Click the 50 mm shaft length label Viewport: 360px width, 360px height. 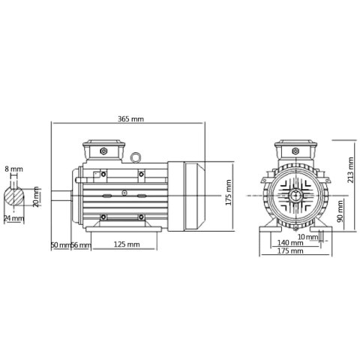(60, 244)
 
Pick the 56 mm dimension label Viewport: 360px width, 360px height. (81, 244)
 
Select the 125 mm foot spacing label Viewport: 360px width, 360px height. (126, 244)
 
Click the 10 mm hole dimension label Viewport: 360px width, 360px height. (307, 237)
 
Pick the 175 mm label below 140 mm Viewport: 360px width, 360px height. (289, 251)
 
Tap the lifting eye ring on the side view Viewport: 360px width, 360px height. (136, 158)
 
